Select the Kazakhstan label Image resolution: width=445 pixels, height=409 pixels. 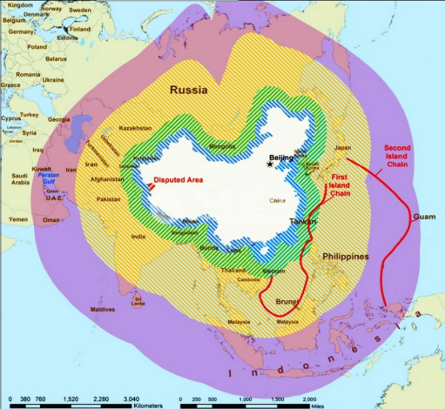point(135,128)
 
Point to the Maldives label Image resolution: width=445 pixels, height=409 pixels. point(103,310)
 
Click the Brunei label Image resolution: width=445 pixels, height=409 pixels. point(287,302)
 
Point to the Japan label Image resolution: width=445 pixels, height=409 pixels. point(342,148)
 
